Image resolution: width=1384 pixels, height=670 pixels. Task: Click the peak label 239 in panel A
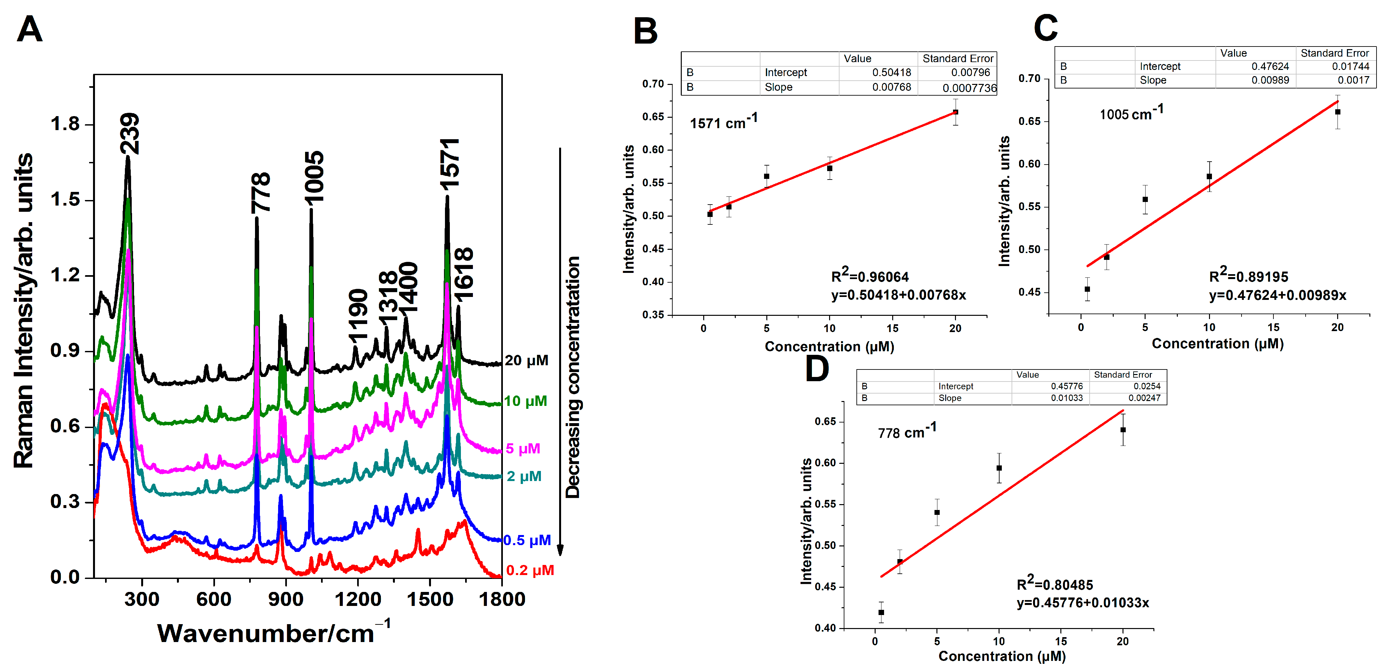[129, 133]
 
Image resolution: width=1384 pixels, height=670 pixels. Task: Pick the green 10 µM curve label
[525, 401]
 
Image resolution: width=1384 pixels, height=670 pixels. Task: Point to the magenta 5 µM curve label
[523, 448]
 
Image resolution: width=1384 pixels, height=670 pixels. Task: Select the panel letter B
[645, 31]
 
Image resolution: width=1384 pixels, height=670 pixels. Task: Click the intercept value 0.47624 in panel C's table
[1270, 66]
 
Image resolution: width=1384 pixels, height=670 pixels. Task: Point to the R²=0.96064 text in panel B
[870, 276]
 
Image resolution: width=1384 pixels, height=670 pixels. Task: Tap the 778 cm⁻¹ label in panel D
[907, 432]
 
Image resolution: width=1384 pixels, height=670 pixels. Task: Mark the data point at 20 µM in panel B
[955, 112]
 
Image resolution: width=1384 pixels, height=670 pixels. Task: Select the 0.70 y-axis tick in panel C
[1029, 78]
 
